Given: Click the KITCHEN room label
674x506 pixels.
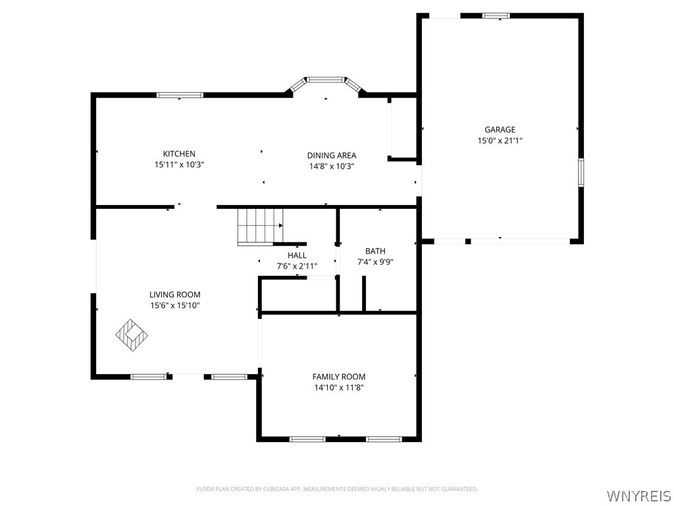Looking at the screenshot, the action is [179, 154].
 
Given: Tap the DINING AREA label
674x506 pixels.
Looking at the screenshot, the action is [332, 155].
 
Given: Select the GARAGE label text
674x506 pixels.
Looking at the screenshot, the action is [500, 130].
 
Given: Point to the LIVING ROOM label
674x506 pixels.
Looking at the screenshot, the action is [175, 295].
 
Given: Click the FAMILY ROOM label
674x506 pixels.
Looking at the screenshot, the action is [339, 376].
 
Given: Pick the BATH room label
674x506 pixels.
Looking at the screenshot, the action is [375, 251].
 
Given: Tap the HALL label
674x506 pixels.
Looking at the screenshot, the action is [297, 255].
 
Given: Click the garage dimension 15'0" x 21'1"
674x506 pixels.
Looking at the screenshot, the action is [500, 140].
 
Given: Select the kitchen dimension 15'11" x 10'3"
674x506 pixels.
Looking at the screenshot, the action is [179, 164].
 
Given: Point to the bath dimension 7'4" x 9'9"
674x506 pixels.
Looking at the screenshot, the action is [375, 262].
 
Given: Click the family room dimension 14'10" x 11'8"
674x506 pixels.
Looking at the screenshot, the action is [339, 387].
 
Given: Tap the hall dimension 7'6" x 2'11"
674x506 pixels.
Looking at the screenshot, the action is [297, 266].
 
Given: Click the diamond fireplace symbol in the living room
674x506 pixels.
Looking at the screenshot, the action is [132, 335].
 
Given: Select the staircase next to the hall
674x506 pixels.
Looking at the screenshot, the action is [261, 227].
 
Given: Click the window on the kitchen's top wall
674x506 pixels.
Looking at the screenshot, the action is [180, 95].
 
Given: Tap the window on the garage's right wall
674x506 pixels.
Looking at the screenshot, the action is [581, 172].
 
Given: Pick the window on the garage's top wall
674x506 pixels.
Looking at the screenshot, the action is [496, 16].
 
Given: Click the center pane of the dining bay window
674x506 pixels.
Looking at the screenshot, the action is [326, 80].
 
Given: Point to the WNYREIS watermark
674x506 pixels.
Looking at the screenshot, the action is [638, 495].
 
